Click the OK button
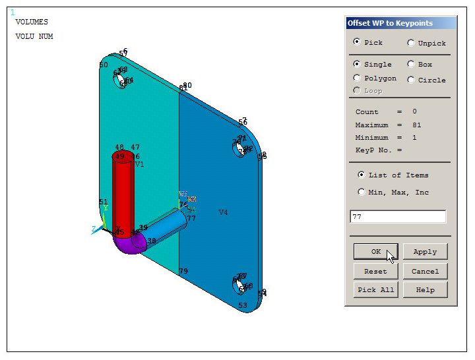click(x=375, y=252)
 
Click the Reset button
click(x=375, y=271)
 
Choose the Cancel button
click(x=425, y=271)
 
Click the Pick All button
click(x=375, y=290)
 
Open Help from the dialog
click(x=425, y=290)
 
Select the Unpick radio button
click(x=411, y=44)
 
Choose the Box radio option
click(x=411, y=65)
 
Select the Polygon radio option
click(x=358, y=78)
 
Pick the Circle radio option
click(x=411, y=80)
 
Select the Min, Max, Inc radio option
click(x=361, y=193)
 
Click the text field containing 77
click(x=397, y=216)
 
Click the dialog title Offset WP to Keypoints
click(x=391, y=23)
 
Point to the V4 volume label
click(x=223, y=212)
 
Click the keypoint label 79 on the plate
click(x=183, y=271)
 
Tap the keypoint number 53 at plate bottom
click(x=243, y=305)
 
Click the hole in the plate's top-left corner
click(x=121, y=82)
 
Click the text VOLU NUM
click(x=34, y=37)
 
